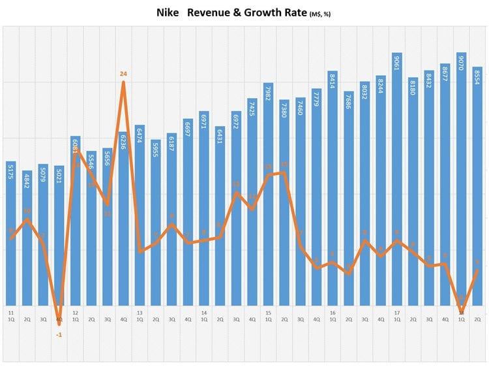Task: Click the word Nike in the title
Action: coord(168,12)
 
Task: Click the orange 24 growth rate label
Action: coord(123,74)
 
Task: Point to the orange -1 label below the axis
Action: coord(59,334)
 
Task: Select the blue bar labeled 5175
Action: coord(11,235)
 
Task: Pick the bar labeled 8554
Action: coord(477,189)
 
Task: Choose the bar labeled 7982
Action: coord(268,196)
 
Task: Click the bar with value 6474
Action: coord(140,216)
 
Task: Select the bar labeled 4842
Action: coord(27,242)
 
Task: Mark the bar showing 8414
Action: coord(333,189)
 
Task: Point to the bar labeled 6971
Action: coord(204,209)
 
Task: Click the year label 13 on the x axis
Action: coord(140,313)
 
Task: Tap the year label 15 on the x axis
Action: coord(268,313)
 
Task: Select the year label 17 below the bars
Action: coord(397,313)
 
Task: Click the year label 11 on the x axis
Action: coord(11,313)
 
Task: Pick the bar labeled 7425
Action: coord(252,202)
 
